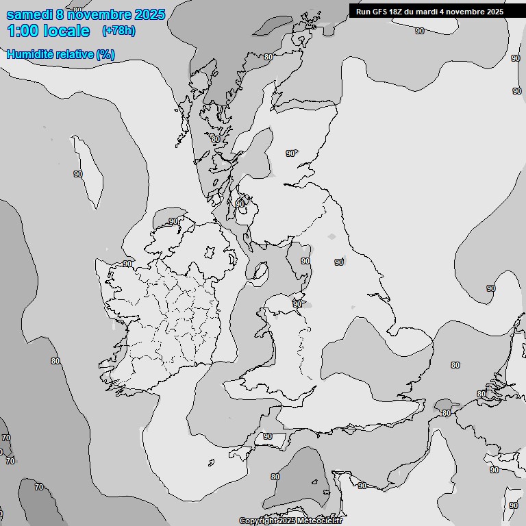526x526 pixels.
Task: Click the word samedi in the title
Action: coord(27,14)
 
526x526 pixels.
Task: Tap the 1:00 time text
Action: coord(21,31)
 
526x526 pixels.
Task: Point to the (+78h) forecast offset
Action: coord(118,31)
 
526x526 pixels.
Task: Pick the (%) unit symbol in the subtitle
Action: coord(105,54)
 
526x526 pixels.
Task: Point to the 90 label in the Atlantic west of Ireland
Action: coord(78,174)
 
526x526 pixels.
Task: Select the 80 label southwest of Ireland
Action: coord(55,361)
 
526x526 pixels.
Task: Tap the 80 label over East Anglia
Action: coord(455,365)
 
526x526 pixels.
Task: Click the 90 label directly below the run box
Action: coord(419,31)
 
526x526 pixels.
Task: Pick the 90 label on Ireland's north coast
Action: coord(173,221)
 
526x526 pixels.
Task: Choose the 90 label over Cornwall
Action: coord(267,436)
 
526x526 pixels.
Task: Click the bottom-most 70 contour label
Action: coord(39,487)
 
